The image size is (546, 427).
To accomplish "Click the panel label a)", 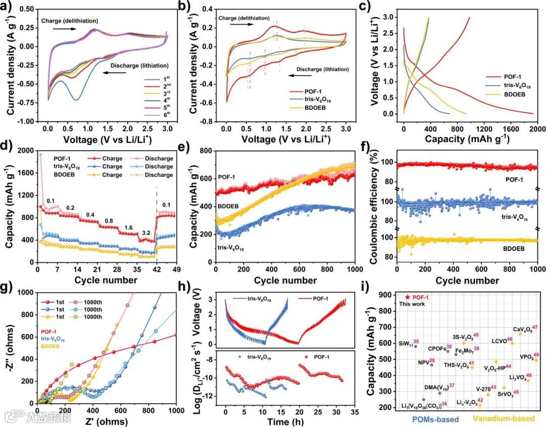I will tap(9, 7).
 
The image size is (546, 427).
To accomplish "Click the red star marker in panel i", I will tap(408, 298).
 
